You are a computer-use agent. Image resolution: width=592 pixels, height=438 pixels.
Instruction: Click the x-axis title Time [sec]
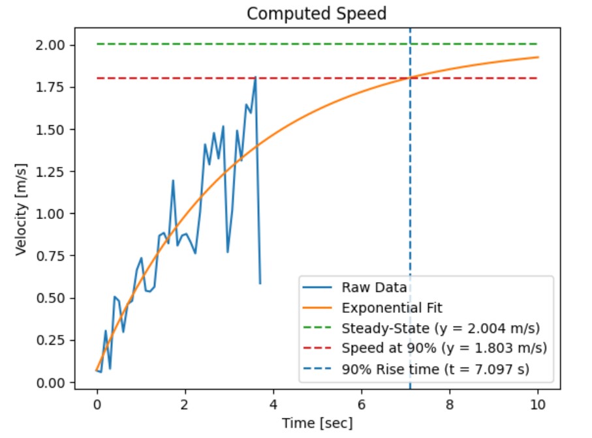pos(317,423)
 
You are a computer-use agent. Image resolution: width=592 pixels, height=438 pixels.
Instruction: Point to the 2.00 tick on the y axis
pos(52,45)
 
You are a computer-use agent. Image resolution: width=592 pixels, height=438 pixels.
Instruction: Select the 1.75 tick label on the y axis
pos(52,87)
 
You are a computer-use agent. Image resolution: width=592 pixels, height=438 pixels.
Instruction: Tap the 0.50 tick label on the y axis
pos(52,299)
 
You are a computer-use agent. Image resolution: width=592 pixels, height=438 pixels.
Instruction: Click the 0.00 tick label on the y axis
pos(52,383)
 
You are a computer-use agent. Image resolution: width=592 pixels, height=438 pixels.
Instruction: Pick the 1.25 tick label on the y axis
pos(52,172)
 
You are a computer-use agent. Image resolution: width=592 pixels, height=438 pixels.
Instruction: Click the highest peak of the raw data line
pos(255,78)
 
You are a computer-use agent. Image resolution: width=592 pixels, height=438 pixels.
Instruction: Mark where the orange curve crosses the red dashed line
pos(410,78)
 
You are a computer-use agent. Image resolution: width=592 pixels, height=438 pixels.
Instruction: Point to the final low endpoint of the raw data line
pos(260,284)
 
